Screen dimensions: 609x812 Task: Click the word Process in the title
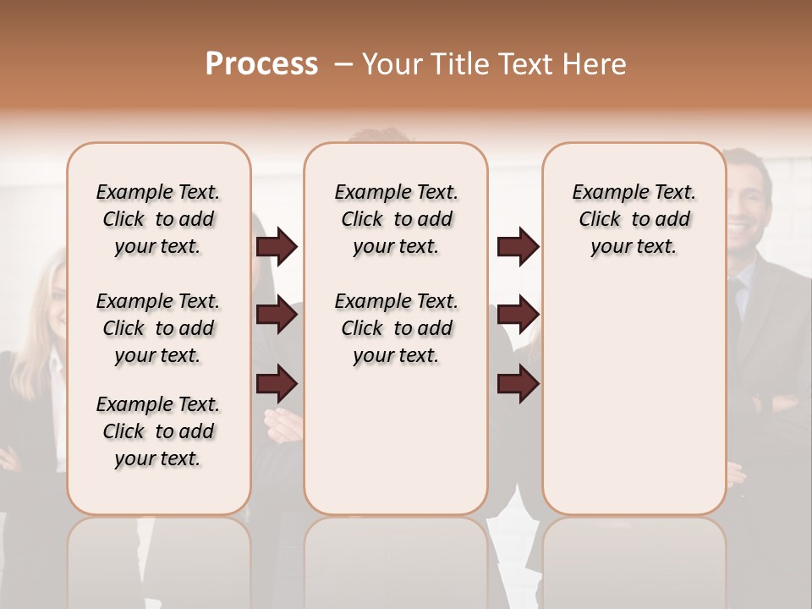(x=261, y=63)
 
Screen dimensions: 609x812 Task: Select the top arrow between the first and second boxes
(x=277, y=247)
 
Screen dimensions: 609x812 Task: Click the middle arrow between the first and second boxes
(x=277, y=315)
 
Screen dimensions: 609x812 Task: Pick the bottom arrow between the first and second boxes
(x=277, y=383)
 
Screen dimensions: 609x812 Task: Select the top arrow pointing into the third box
(x=518, y=247)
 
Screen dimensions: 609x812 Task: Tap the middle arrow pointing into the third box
(x=518, y=315)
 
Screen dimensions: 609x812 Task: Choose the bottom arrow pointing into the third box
(x=518, y=383)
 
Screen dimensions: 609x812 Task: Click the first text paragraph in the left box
(x=158, y=219)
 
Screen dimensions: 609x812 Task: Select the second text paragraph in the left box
(x=158, y=328)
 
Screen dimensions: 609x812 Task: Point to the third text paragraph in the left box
(x=158, y=431)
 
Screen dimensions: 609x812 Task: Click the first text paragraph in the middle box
(x=397, y=219)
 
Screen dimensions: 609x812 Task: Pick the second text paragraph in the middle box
(x=397, y=328)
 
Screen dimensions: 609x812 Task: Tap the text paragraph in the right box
(x=634, y=219)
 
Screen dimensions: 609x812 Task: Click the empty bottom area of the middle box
(x=396, y=448)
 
